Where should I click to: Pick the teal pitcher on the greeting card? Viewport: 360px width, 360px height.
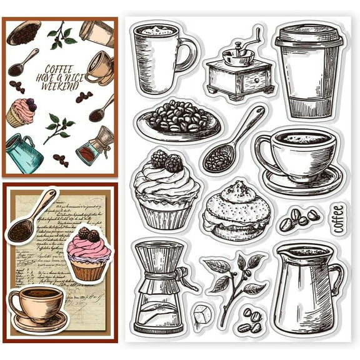click(x=22, y=154)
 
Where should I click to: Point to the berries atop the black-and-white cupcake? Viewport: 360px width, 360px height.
click(x=166, y=161)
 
